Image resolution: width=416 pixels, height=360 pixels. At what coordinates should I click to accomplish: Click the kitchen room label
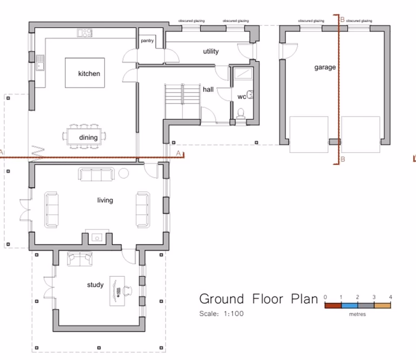89,73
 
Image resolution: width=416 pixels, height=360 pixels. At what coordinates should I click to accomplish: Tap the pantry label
148,41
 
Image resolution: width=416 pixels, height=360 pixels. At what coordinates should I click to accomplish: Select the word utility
210,52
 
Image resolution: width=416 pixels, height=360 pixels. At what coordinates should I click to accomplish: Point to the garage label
325,67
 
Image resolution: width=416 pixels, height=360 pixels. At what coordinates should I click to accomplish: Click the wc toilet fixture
241,113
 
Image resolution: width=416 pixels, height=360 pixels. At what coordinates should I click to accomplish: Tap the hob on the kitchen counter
85,33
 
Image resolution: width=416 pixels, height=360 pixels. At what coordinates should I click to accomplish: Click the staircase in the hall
182,101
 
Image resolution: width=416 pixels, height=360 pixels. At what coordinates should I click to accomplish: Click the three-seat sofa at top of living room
96,174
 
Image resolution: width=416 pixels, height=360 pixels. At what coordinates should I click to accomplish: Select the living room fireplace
97,236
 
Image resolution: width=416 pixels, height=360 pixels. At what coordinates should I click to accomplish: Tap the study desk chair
128,290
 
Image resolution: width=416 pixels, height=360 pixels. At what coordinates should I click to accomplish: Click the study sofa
79,259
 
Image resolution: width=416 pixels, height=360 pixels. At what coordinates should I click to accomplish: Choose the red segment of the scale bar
332,305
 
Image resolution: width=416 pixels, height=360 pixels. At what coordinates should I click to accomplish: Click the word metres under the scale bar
357,315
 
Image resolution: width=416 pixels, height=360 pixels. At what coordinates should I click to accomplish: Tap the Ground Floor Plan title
258,299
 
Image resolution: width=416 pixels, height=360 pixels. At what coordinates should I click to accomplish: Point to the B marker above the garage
342,19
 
